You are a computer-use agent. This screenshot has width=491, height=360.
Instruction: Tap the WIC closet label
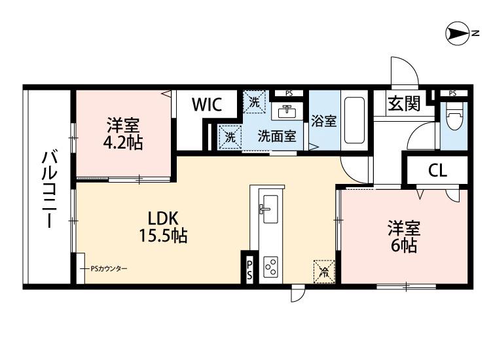click(x=206, y=104)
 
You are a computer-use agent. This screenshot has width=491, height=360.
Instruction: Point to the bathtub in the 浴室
click(x=355, y=122)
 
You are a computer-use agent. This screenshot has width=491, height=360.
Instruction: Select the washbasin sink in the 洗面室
click(x=286, y=112)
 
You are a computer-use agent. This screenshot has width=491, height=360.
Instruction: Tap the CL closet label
click(x=437, y=171)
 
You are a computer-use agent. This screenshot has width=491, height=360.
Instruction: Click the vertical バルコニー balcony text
click(x=48, y=190)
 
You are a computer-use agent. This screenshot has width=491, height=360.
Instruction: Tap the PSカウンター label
click(x=109, y=269)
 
